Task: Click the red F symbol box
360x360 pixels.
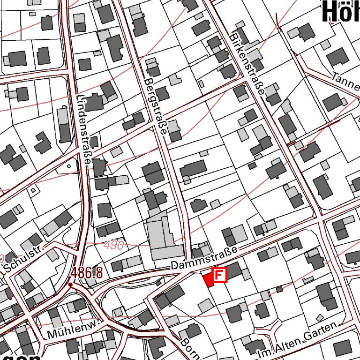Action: click(219, 275)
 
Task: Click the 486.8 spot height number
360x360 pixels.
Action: click(87, 272)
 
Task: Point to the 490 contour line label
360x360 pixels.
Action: click(114, 245)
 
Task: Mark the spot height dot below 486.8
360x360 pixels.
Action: click(70, 284)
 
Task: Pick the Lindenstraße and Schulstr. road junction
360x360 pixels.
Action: click(77, 253)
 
